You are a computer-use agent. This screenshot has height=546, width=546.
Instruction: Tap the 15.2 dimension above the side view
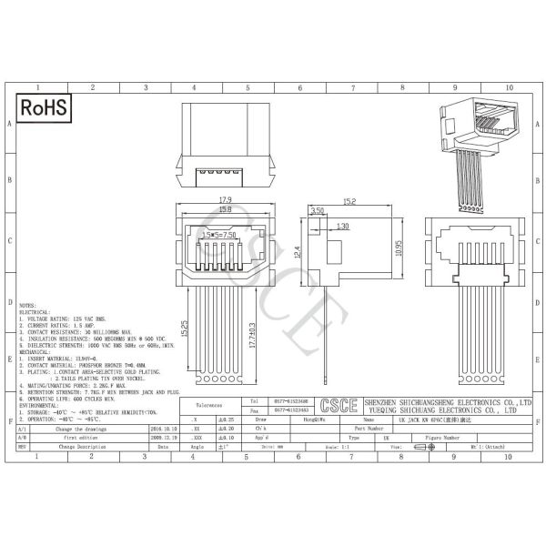pos(349,201)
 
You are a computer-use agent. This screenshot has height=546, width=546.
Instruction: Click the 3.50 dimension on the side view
pos(318,210)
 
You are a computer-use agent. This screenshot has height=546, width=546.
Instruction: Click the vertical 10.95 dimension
pos(399,248)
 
